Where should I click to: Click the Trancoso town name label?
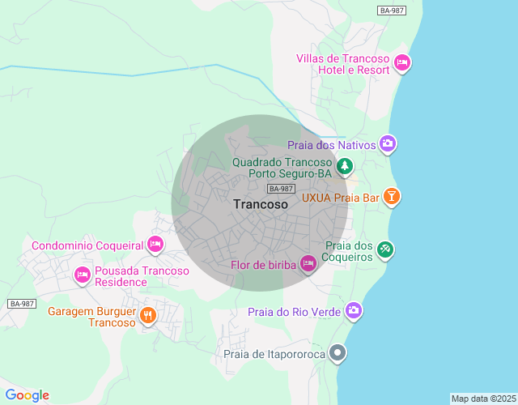click(x=260, y=205)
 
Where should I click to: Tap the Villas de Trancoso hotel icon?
click(x=402, y=63)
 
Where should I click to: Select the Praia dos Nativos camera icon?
click(x=388, y=144)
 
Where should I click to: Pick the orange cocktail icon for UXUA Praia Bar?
click(x=392, y=197)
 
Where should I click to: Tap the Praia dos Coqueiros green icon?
click(x=385, y=249)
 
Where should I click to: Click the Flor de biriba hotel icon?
click(x=308, y=264)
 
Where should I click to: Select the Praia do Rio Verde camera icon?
click(x=354, y=311)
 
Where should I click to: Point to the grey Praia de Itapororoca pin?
click(x=339, y=353)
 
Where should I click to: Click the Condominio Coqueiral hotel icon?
click(x=155, y=245)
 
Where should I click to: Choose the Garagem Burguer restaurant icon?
click(x=147, y=316)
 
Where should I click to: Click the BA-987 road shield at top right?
click(x=391, y=10)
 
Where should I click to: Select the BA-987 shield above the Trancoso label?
click(x=280, y=188)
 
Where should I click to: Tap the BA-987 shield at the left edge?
click(x=22, y=304)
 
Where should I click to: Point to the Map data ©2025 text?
click(x=483, y=399)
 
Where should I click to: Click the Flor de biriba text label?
click(x=263, y=265)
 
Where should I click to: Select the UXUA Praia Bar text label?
click(x=341, y=197)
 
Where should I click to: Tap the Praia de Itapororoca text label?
click(x=274, y=354)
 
